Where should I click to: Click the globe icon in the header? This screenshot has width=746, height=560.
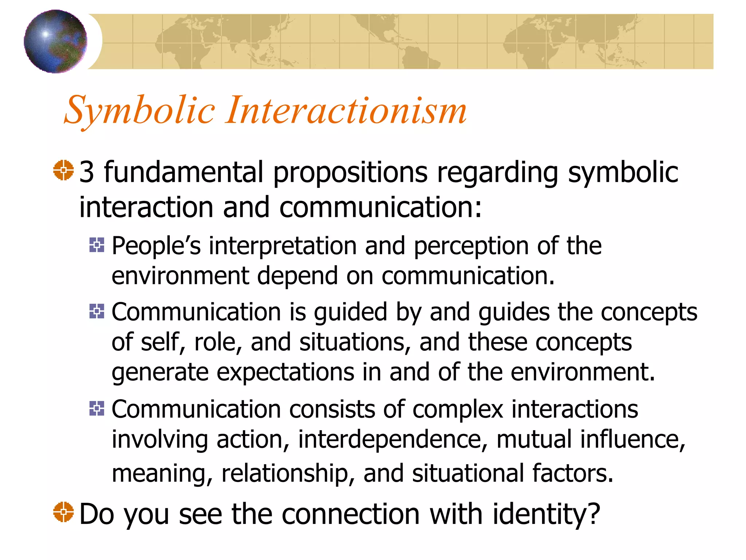point(55,41)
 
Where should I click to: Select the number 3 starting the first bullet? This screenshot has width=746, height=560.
point(87,172)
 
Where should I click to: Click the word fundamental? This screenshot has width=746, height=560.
point(184,172)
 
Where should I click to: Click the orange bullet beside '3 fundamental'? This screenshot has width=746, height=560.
point(63,170)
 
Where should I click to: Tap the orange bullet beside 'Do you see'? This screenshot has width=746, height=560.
point(63,512)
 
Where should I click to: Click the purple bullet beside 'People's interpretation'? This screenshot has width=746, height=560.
point(97,245)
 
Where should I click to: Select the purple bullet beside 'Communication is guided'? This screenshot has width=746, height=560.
point(97,311)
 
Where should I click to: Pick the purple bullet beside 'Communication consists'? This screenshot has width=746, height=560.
point(97,408)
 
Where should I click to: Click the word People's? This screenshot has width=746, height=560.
point(156,246)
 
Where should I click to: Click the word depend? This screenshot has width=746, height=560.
point(297,276)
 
